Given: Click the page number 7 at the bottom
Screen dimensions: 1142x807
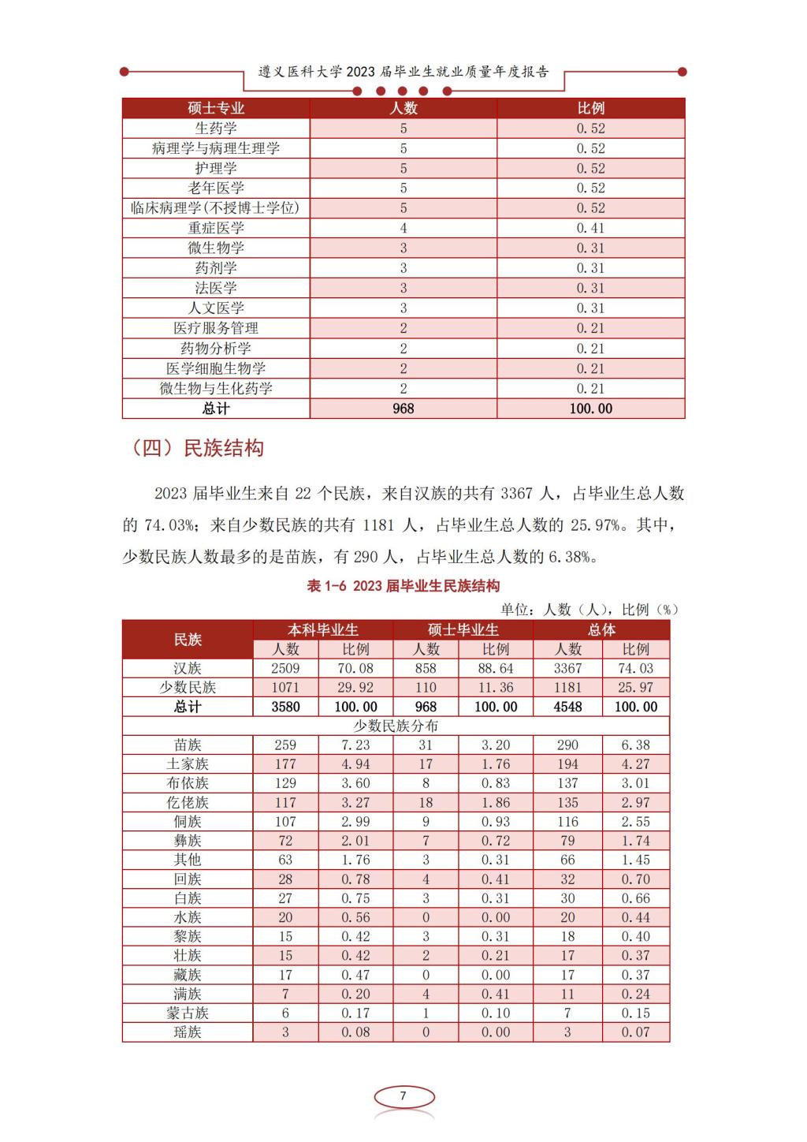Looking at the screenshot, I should tap(403, 1096).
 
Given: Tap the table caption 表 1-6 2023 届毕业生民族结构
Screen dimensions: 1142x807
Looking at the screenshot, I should tap(403, 586).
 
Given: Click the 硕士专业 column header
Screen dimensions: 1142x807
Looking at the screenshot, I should tap(216, 108).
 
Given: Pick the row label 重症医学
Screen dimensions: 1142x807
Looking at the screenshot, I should tap(216, 228).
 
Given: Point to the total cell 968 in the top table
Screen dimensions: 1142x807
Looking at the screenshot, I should tap(403, 409).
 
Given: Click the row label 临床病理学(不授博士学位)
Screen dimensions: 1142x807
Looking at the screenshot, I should tap(216, 208).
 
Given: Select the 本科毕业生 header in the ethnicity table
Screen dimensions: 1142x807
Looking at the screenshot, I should tap(322, 629).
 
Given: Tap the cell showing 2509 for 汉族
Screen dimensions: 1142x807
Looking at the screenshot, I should tap(285, 668).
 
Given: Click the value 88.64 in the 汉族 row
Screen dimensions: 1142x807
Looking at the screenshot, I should tap(496, 668).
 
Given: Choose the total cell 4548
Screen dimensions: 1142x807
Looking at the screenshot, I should tap(567, 707).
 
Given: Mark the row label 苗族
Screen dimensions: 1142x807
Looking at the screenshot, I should tap(188, 745).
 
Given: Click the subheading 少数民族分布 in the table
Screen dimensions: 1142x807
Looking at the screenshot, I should tap(396, 726).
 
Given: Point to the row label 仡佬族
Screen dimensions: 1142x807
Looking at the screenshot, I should tap(188, 802).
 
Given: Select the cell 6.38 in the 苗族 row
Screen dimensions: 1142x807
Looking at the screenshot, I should tap(636, 745).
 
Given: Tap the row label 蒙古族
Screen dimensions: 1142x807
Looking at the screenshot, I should tap(188, 1013).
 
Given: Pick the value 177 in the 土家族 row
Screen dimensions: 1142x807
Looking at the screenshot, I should tap(285, 763).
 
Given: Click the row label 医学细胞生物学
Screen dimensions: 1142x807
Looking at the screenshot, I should tap(216, 368).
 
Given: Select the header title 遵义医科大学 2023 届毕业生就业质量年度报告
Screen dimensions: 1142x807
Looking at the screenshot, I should tap(403, 72).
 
